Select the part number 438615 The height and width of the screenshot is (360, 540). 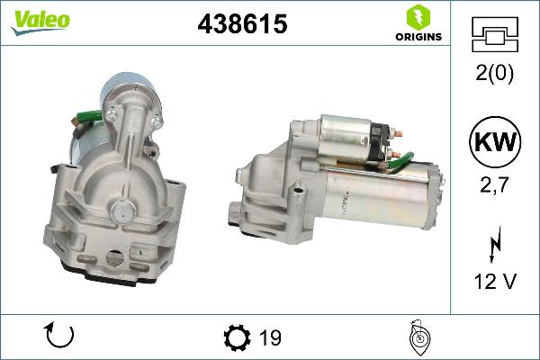(x=242, y=25)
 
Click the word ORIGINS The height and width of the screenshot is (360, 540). (x=418, y=37)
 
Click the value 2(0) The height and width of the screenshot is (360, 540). (x=494, y=75)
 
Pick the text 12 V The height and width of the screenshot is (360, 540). (x=494, y=282)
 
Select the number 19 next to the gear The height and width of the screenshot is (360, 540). (x=270, y=338)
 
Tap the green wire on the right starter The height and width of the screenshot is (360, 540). (x=401, y=162)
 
